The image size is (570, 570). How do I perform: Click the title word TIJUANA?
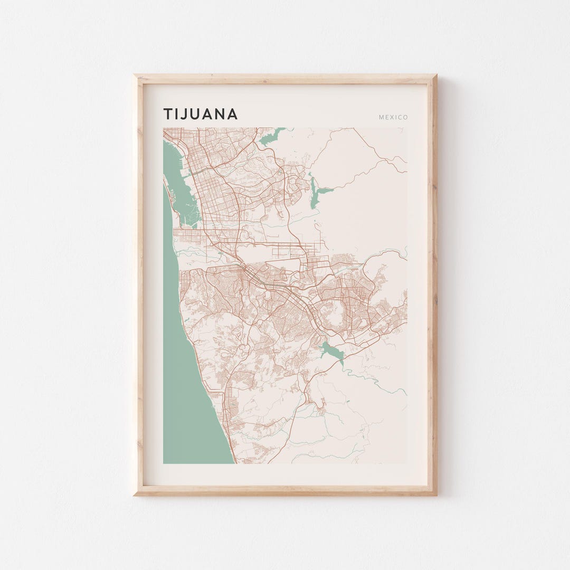coord(201,114)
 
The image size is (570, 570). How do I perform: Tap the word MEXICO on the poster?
coord(393,117)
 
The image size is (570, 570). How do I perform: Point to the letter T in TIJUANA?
coord(167,114)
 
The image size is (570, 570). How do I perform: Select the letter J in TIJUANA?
coord(182,114)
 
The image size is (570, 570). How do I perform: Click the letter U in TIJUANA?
coord(194,114)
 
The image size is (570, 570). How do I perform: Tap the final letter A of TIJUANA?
coord(232,114)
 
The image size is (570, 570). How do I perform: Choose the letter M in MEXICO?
coord(381,117)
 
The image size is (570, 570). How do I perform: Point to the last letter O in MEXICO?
coord(405,117)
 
